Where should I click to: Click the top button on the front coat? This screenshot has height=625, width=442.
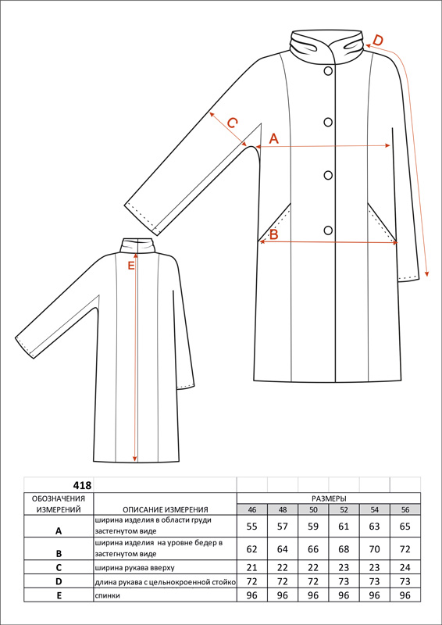point(328,71)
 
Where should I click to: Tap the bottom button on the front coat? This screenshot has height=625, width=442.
point(328,230)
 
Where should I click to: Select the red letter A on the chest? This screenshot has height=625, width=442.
point(274,139)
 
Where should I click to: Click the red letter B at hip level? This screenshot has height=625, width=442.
point(273,234)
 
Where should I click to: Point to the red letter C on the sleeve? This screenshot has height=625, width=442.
point(232,123)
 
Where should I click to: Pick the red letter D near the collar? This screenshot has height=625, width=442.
point(377,41)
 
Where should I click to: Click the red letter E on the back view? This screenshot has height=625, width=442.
point(131,266)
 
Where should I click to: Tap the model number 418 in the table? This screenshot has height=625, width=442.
point(82,485)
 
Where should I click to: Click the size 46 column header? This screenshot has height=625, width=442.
point(252,509)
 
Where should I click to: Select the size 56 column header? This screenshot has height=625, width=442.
point(405,509)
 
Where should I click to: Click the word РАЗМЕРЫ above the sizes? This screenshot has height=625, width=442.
point(329,498)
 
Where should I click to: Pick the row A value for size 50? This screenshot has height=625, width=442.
point(313,527)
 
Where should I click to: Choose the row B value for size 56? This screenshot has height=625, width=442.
point(405,549)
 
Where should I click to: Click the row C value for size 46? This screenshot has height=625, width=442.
point(252,568)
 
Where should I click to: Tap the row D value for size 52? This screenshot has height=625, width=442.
point(344,581)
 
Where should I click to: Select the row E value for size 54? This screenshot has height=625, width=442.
point(374,595)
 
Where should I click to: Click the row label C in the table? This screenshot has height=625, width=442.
point(59,568)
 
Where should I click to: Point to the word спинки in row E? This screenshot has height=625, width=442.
point(108,595)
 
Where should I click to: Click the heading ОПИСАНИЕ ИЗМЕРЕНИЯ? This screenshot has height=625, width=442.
point(166,509)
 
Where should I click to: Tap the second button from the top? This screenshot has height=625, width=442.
point(328,123)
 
